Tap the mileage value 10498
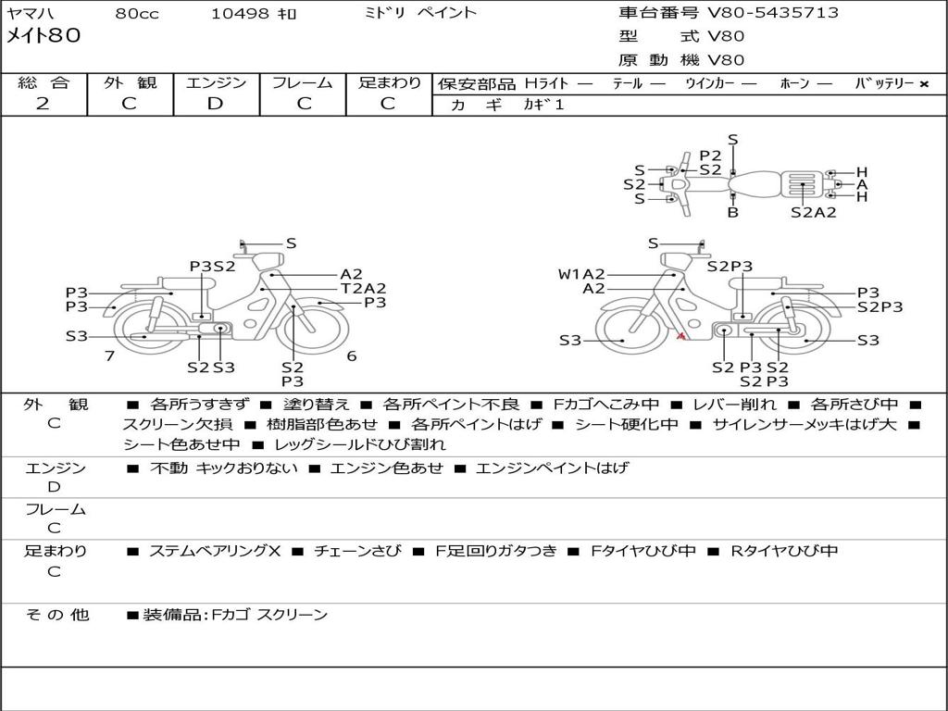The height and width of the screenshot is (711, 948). pos(239,13)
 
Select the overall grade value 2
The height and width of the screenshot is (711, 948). pos(43,104)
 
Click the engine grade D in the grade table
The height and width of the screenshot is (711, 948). pos(215,104)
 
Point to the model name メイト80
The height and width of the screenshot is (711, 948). pos(43,35)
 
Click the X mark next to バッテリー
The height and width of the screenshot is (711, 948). pos(924,84)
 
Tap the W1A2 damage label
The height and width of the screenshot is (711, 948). pos(581,274)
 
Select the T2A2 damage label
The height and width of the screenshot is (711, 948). pos(363,289)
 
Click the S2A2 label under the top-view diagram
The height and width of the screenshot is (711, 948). pos(814,212)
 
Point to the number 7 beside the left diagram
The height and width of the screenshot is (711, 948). pos(109,355)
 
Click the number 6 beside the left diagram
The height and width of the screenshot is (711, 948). pos(351,355)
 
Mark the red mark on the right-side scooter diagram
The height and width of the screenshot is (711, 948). pos(680,335)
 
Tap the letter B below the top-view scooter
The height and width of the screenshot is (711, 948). pos(733,212)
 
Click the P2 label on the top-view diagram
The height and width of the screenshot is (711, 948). pos(710,156)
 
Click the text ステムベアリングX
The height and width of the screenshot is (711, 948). pos(215,551)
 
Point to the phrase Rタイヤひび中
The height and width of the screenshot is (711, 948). pos(784,551)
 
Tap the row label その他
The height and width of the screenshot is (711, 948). pos(56,615)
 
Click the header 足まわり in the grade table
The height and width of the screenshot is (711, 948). pos(390,82)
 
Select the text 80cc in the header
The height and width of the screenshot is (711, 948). pos(137,13)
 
